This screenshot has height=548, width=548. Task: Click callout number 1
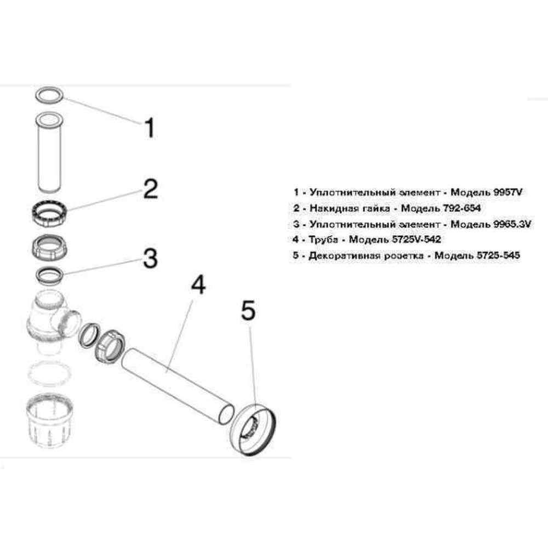click(148, 128)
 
